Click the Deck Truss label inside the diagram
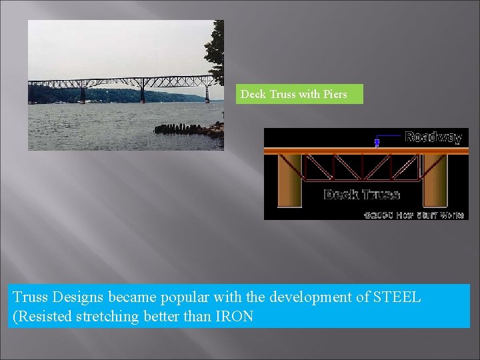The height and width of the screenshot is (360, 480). (361, 195)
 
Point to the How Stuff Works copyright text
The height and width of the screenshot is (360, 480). (413, 215)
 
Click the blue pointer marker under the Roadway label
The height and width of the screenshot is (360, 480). (377, 142)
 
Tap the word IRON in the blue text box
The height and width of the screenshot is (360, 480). (234, 316)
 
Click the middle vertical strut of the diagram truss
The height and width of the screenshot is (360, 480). (362, 167)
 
